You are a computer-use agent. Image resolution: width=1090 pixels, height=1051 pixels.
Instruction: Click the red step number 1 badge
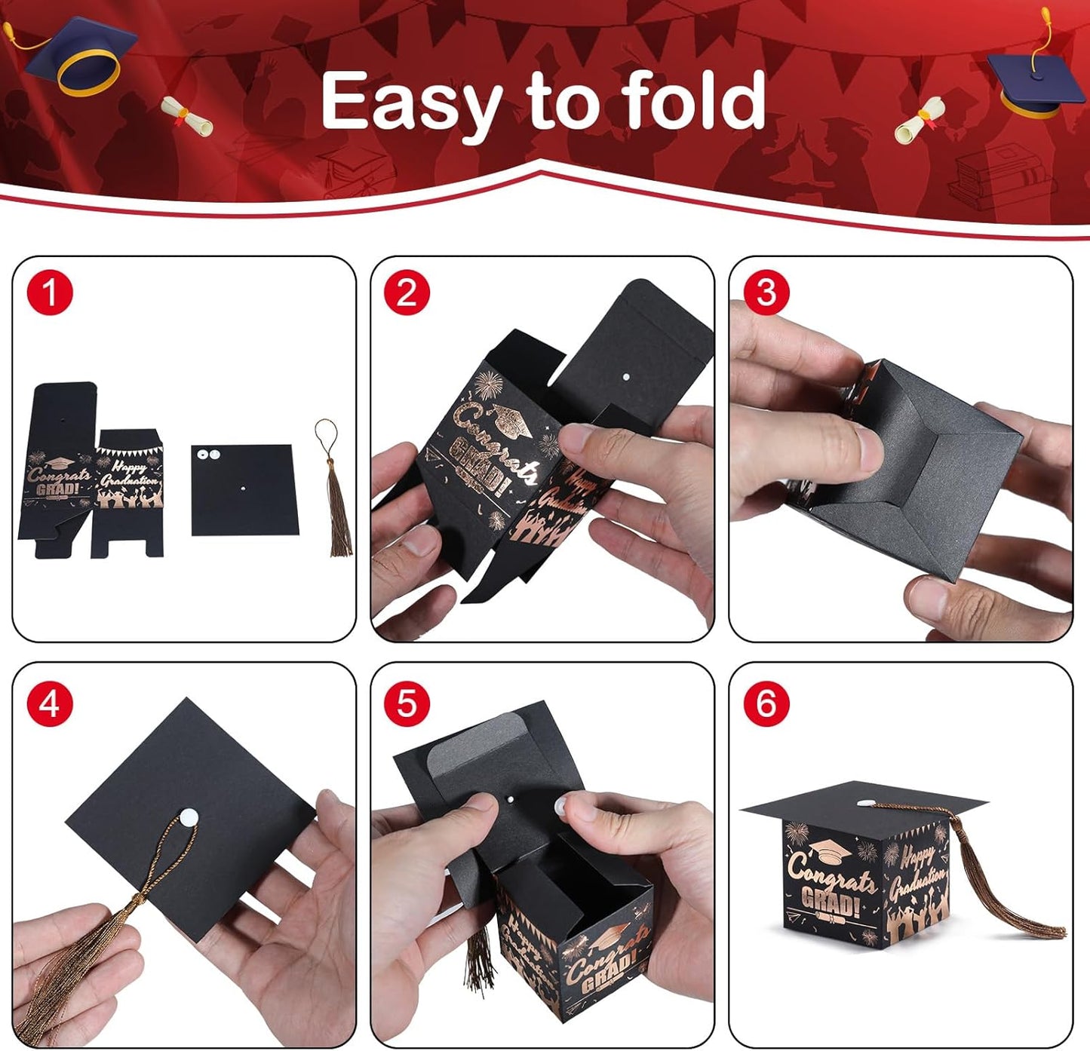point(50,293)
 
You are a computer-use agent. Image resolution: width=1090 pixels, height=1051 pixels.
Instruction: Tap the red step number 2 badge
point(407,293)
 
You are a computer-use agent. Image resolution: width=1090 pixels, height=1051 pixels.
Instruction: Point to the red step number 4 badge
point(50,704)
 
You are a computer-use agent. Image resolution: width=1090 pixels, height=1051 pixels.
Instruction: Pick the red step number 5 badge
point(407,704)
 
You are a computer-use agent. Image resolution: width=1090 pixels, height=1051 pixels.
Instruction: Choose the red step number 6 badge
point(766,704)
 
